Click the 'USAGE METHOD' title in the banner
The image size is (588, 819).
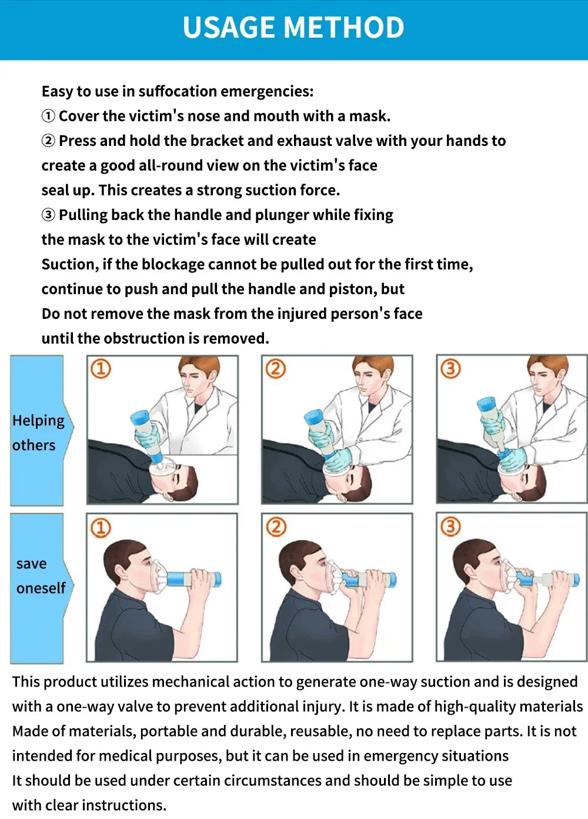coord(293,28)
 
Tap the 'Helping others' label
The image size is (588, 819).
coord(38,432)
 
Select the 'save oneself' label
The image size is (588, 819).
coord(41,575)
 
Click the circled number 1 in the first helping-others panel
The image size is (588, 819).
coord(101,369)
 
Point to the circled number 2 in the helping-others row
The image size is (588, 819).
coord(275,369)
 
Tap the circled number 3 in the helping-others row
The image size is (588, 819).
coord(450,369)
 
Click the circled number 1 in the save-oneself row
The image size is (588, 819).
coord(101,527)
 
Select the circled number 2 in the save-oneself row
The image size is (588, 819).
coord(275,527)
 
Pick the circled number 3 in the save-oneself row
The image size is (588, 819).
coord(450,527)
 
